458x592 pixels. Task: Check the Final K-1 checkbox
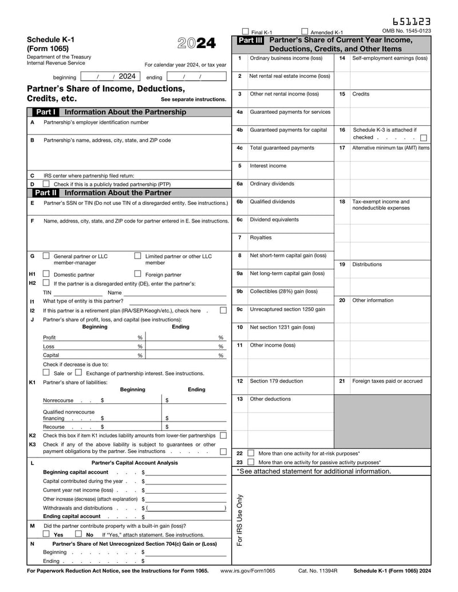click(x=246, y=32)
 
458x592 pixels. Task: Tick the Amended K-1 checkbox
click(x=305, y=32)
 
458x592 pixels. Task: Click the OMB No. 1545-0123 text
click(x=406, y=31)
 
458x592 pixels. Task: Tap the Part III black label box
click(x=250, y=41)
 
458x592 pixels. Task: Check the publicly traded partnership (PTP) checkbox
click(x=46, y=184)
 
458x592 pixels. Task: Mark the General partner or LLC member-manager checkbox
click(x=46, y=256)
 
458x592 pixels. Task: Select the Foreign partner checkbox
click(x=138, y=274)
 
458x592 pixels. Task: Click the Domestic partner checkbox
click(x=46, y=274)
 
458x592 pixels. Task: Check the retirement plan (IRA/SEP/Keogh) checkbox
click(x=223, y=311)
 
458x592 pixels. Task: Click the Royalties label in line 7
click(x=260, y=237)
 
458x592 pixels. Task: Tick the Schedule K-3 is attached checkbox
click(x=423, y=137)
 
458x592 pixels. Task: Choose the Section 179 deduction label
click(x=277, y=381)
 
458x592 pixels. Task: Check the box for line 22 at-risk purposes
click(x=251, y=453)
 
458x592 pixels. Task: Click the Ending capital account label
click(x=72, y=516)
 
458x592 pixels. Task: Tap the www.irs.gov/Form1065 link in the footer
click(x=247, y=571)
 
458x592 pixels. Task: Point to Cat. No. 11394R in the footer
click(x=318, y=571)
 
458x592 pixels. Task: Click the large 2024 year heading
click(x=196, y=44)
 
